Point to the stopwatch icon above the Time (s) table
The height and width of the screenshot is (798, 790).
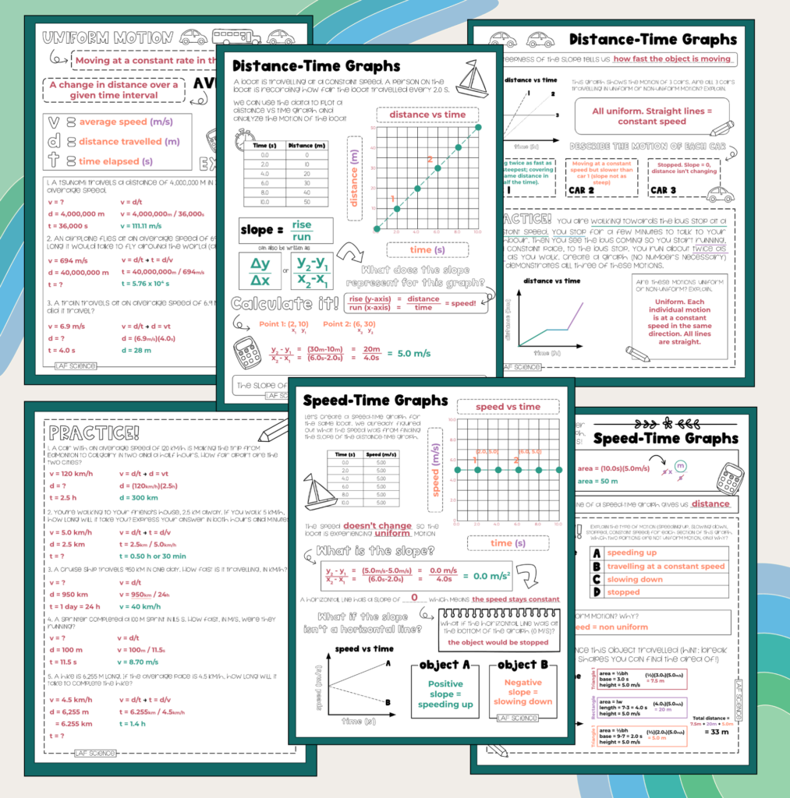click(243, 145)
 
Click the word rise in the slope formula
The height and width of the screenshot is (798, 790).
click(301, 224)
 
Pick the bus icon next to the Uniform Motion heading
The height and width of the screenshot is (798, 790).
click(236, 37)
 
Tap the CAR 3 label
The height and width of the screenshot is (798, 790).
click(663, 190)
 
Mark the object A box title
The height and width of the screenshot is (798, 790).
click(445, 665)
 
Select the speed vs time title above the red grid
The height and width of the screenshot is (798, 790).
click(508, 407)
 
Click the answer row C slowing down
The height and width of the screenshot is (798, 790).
click(634, 579)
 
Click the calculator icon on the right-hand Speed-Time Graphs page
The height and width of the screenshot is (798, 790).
click(729, 478)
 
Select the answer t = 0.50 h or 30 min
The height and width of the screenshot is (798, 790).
click(152, 556)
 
